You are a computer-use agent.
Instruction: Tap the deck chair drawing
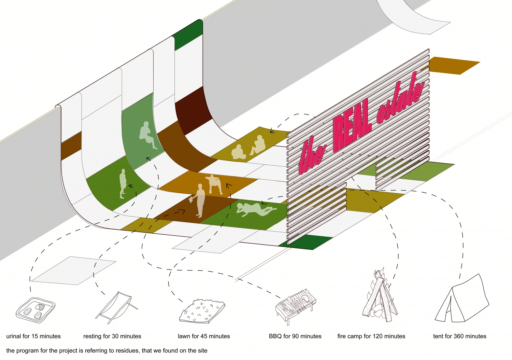pyautogui.click(x=117, y=308)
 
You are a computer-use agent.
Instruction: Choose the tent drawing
pyautogui.click(x=462, y=298)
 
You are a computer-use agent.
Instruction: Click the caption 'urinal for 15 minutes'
pyautogui.click(x=33, y=336)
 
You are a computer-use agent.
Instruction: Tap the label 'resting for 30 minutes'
pyautogui.click(x=112, y=336)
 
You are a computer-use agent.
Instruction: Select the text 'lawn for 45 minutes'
pyautogui.click(x=204, y=336)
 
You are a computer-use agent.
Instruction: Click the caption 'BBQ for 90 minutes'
pyautogui.click(x=295, y=336)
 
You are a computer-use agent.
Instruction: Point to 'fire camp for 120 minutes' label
pyautogui.click(x=371, y=336)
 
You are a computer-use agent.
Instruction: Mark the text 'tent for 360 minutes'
pyautogui.click(x=460, y=336)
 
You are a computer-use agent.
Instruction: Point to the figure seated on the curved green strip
pyautogui.click(x=148, y=135)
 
